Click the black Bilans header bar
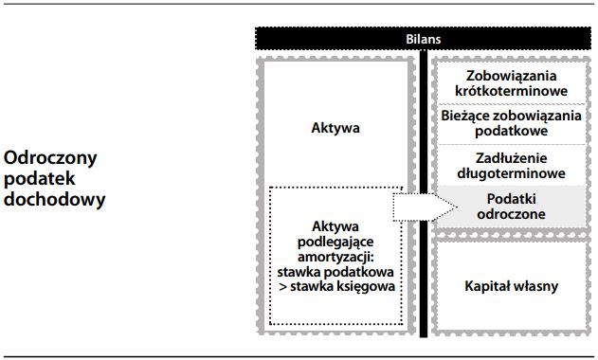(x=423, y=40)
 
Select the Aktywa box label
(x=335, y=126)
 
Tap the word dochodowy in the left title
(x=54, y=200)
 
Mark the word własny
(x=536, y=285)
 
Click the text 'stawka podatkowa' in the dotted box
(x=335, y=270)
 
